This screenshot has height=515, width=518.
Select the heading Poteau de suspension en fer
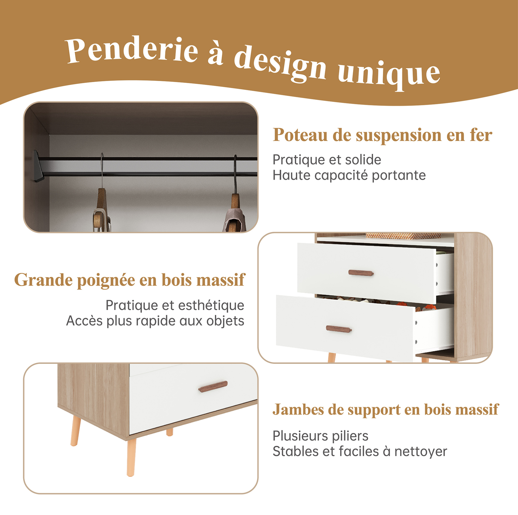(382, 135)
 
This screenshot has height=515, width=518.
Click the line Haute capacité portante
(349, 176)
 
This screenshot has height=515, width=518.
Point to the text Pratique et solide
(327, 160)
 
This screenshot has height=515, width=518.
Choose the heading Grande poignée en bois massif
(130, 280)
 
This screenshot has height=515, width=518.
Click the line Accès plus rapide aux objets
(155, 321)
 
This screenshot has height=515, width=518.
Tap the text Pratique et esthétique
(175, 305)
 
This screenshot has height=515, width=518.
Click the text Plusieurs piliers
(320, 436)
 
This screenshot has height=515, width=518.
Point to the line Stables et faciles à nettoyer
(360, 451)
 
